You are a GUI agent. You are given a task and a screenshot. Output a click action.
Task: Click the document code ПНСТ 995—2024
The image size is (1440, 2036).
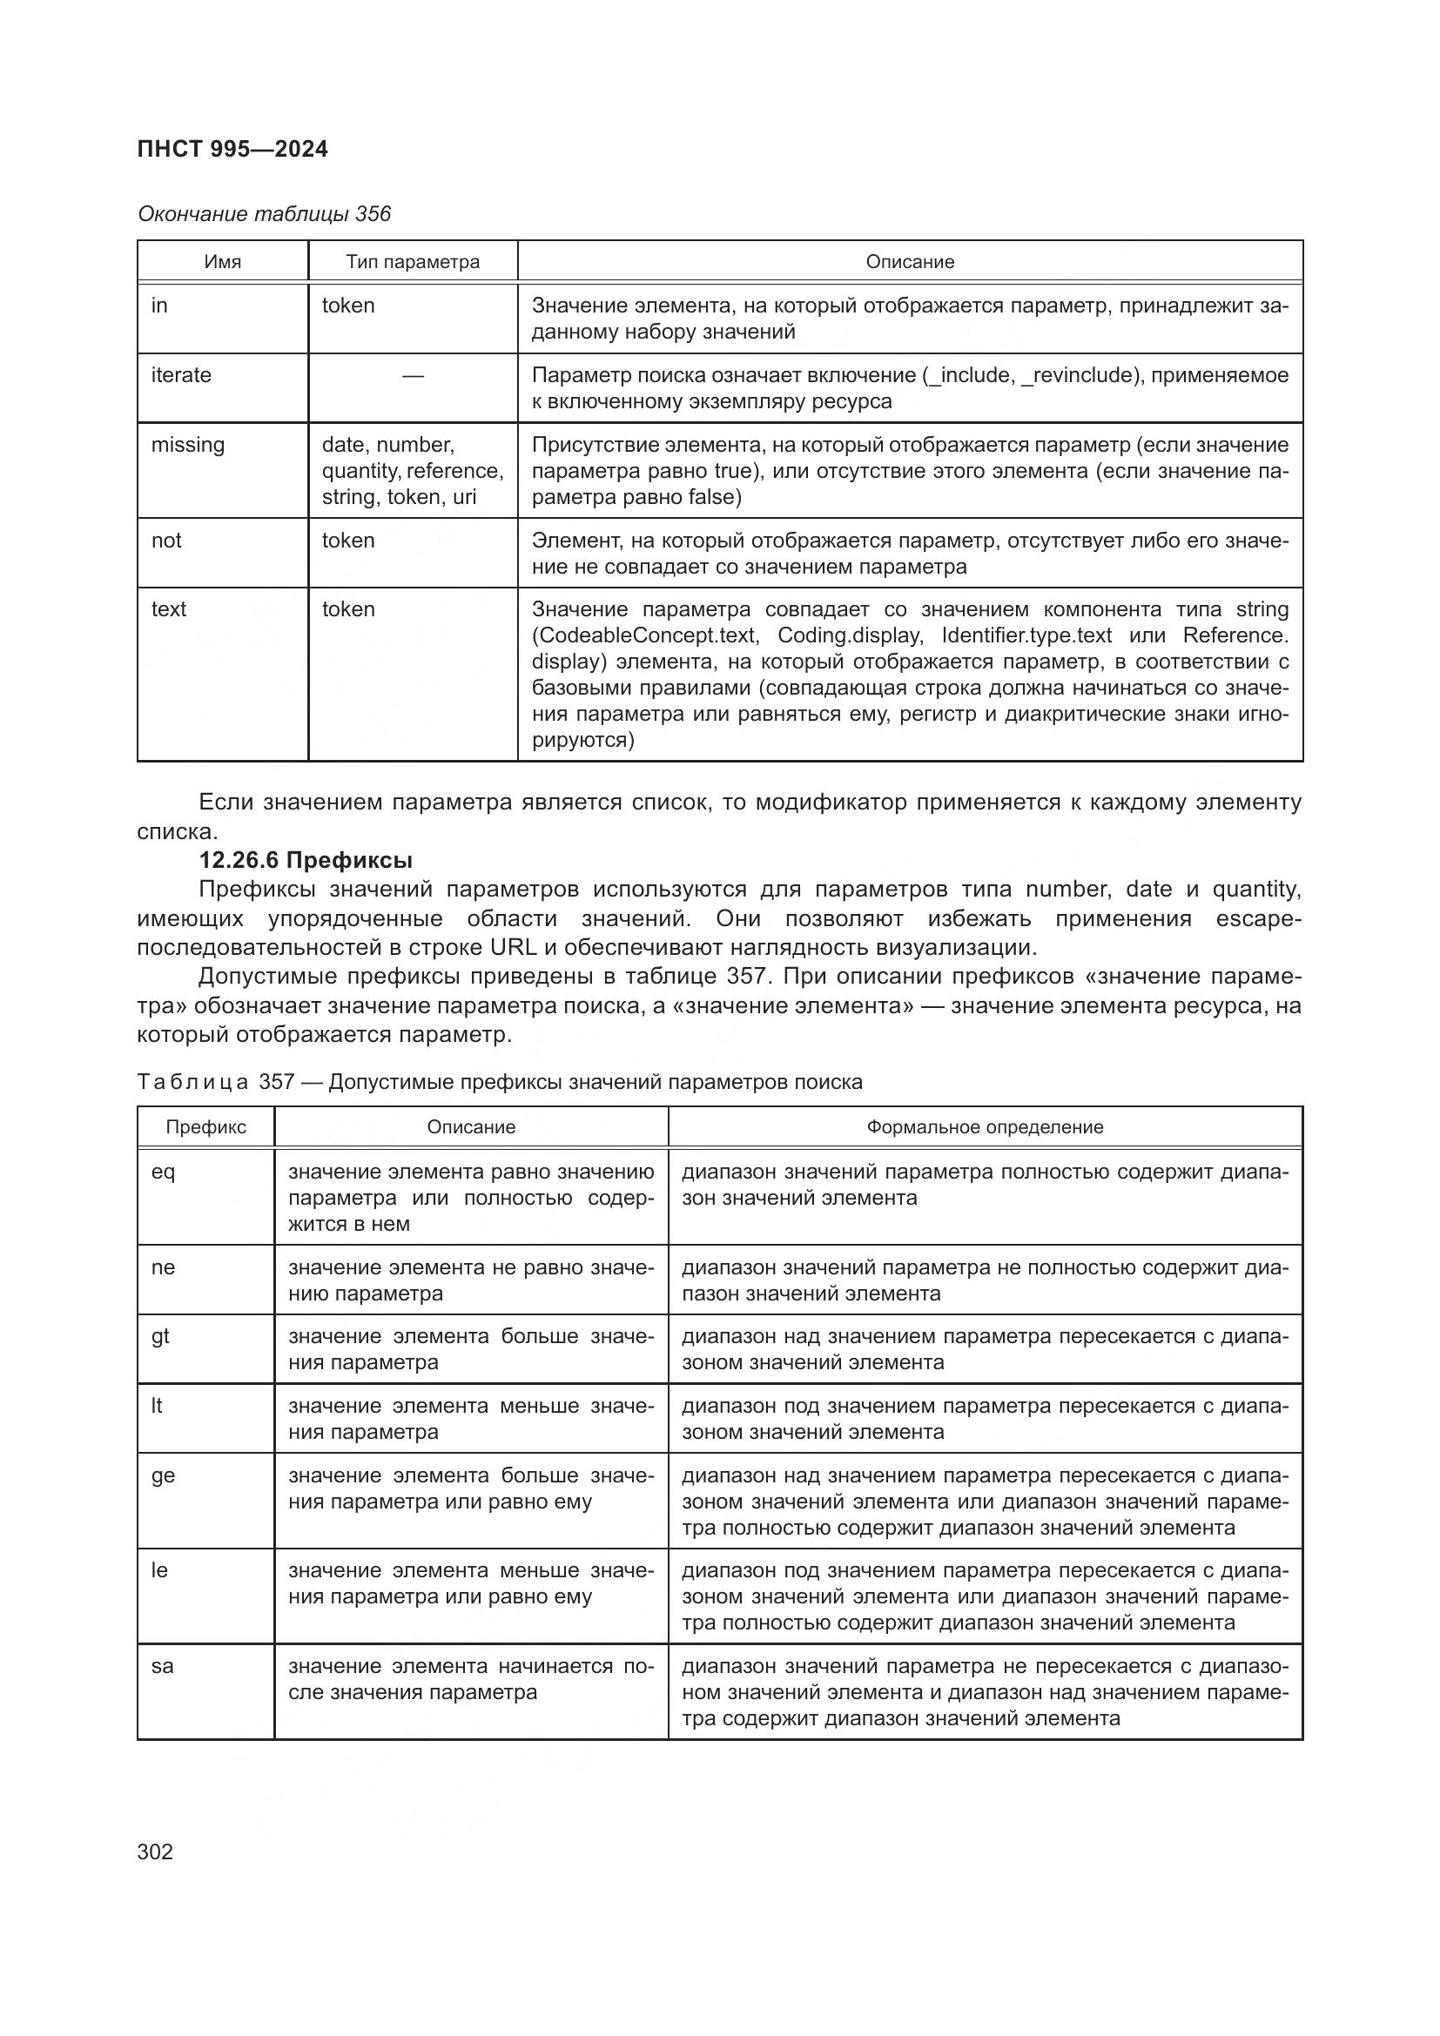tap(232, 149)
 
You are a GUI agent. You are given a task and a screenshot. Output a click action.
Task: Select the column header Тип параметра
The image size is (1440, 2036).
tap(413, 262)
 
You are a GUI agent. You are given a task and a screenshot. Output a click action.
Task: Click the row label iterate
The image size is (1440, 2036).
tap(181, 375)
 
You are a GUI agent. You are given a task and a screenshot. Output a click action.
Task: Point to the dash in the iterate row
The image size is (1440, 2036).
tap(413, 376)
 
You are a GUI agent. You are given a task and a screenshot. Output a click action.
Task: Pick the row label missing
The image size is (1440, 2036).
tap(187, 444)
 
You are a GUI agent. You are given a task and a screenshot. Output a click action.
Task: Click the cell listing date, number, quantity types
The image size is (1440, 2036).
tap(413, 470)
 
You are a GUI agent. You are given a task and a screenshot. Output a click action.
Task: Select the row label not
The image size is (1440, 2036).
tap(165, 540)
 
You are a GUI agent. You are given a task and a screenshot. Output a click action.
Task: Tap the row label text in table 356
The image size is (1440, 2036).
tap(169, 609)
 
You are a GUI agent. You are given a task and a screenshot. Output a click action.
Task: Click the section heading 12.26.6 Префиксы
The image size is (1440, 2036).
tap(305, 860)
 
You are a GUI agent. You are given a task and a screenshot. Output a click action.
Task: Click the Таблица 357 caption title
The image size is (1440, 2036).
tap(499, 1082)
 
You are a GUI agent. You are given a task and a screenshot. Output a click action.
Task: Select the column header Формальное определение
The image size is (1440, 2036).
tap(985, 1127)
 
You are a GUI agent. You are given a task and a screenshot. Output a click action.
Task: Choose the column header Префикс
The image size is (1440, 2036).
tap(205, 1127)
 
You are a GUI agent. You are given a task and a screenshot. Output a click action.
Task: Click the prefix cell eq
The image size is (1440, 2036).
tap(163, 1173)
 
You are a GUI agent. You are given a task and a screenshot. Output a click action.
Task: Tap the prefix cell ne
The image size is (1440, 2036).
tap(163, 1267)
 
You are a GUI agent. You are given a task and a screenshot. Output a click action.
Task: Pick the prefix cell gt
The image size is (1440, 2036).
tap(159, 1336)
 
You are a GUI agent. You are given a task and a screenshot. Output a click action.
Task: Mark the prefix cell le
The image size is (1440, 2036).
tap(158, 1570)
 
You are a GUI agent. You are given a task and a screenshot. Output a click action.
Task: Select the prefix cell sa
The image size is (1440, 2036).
tap(162, 1666)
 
